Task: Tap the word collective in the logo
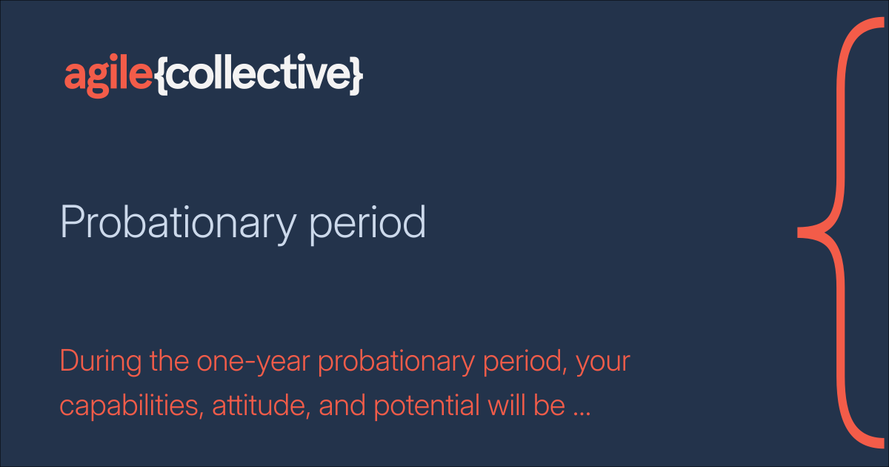259,75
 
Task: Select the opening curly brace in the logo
163,76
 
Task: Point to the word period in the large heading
367,222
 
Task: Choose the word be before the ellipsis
550,406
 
